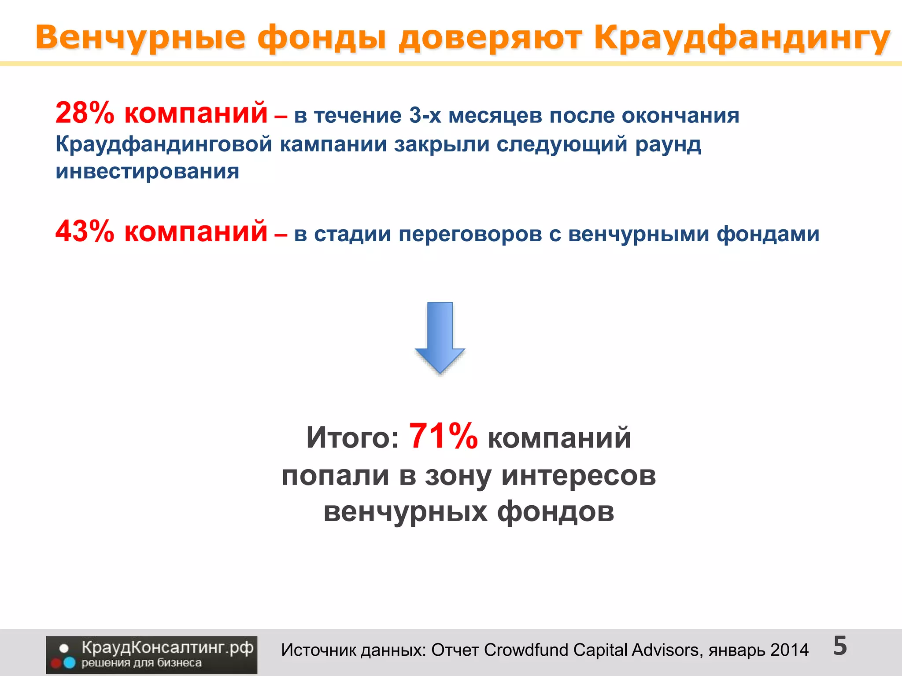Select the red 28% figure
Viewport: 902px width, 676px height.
85,113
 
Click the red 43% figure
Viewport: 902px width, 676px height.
85,231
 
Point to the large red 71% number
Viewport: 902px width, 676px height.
443,437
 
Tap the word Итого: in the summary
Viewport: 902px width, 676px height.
352,438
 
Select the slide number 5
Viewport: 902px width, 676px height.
840,646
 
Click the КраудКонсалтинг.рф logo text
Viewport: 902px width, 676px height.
167,648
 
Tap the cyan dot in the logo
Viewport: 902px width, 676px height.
70,662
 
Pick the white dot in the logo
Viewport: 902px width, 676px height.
64,648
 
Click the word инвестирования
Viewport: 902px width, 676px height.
147,171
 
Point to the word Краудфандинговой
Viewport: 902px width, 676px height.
164,144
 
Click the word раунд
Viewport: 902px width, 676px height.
668,144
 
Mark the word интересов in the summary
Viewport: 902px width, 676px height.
578,476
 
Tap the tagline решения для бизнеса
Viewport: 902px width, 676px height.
141,663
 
